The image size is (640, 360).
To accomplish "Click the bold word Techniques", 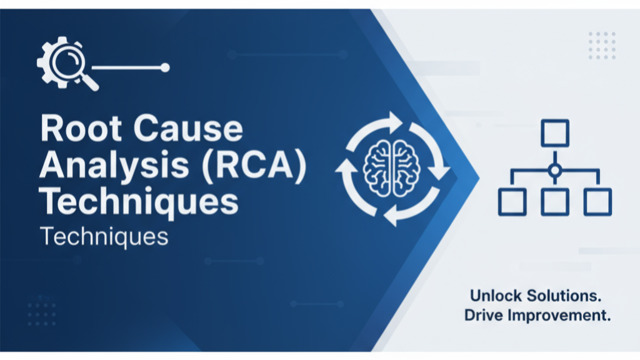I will tap(138, 203).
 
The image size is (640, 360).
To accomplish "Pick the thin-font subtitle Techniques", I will tap(104, 237).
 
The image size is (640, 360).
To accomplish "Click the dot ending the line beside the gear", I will tap(165, 67).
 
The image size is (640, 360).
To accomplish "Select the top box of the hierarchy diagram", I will tap(554, 132).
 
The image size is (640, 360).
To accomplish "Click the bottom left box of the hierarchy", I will tap(511, 201).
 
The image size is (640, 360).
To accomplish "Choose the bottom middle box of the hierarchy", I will tap(554, 201).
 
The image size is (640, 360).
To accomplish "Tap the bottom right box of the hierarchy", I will tap(597, 201).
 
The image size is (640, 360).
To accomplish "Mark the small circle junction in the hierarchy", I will tap(554, 169).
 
